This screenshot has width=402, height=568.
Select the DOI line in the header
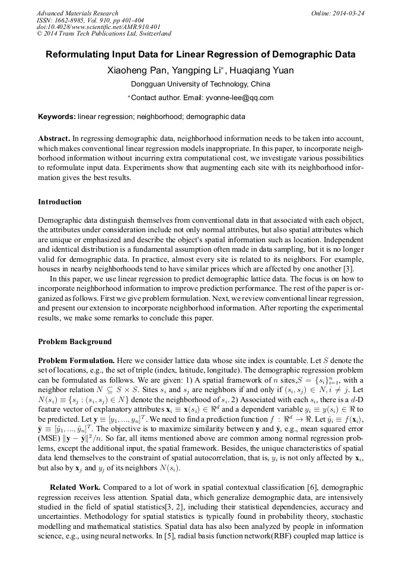click(x=98, y=27)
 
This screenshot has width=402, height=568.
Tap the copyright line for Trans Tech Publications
click(x=104, y=34)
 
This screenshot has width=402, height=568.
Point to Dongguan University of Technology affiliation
click(x=200, y=85)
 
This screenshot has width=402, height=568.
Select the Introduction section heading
click(x=60, y=202)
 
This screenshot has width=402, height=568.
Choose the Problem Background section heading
click(x=75, y=342)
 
